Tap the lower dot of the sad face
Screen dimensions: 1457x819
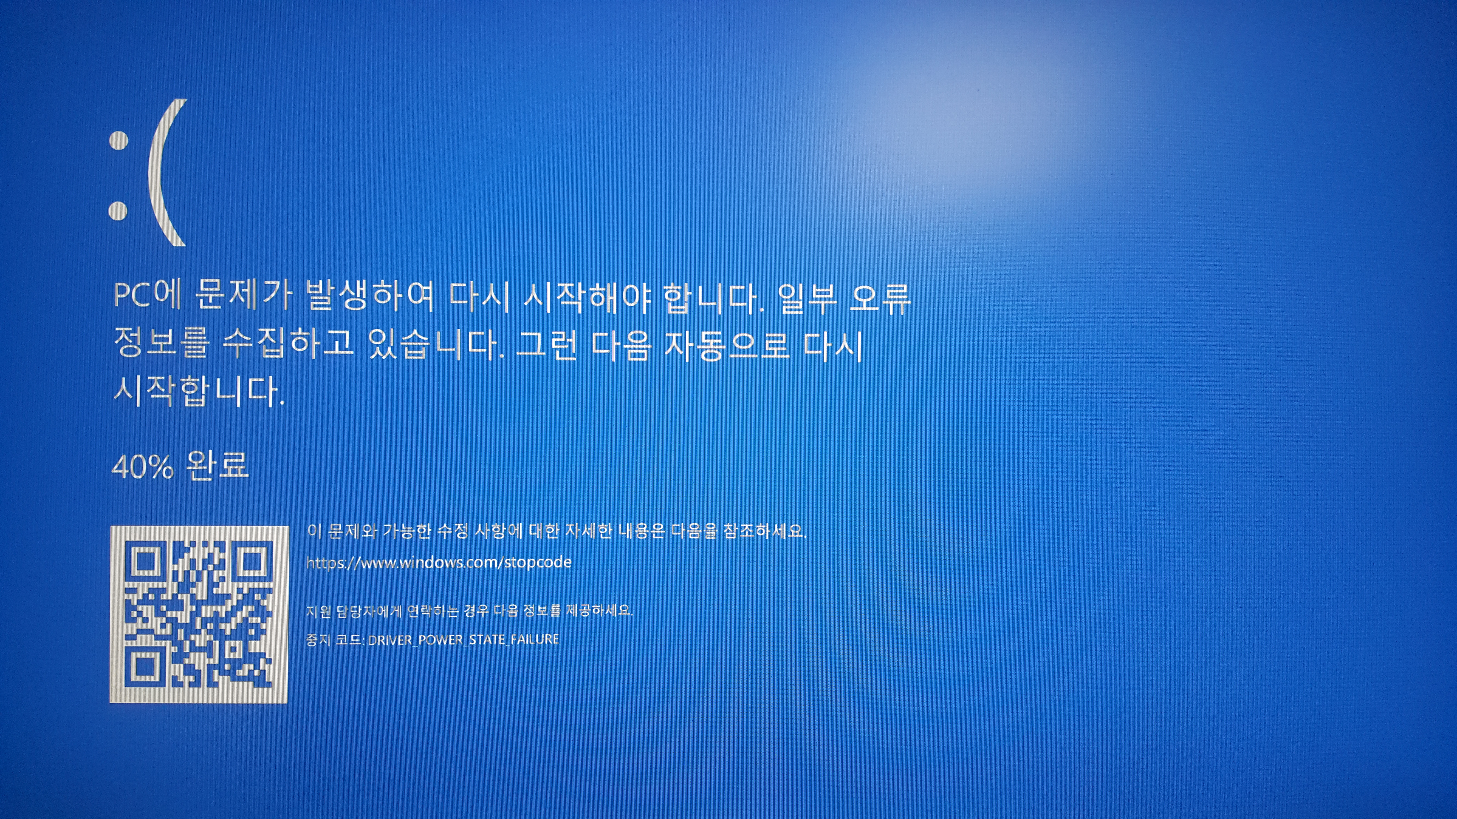tap(118, 210)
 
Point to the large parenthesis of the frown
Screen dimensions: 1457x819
tap(167, 172)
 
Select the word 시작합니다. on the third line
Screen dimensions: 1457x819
tap(199, 390)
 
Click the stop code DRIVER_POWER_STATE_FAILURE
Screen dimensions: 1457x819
tap(463, 639)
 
